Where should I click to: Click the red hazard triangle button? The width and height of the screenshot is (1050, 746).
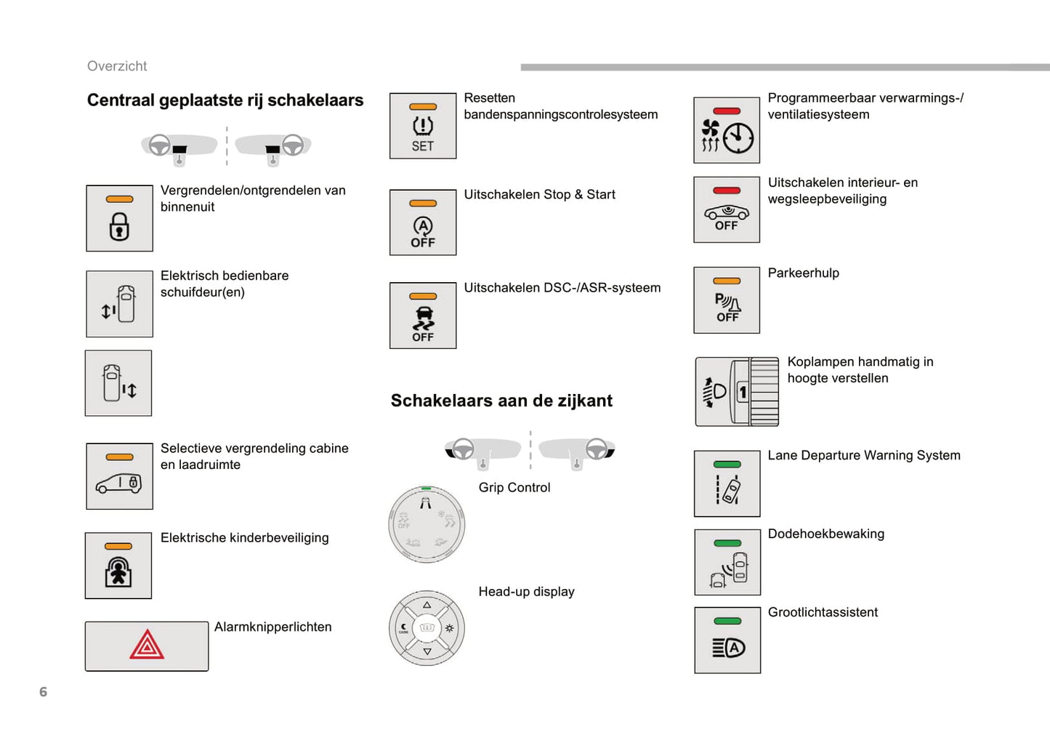147,646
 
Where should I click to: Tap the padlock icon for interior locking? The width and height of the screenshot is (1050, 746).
119,219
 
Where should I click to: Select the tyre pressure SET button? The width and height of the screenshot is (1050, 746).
423,127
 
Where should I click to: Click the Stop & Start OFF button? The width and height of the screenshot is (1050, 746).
423,223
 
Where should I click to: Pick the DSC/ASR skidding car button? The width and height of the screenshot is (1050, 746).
423,316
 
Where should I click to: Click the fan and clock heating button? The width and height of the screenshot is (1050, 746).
727,131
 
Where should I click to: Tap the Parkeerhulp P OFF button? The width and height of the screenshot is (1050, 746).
727,300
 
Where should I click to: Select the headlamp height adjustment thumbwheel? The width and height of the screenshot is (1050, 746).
764,392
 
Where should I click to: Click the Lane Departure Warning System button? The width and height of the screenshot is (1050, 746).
727,484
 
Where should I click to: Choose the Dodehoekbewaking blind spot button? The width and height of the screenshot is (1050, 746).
727,563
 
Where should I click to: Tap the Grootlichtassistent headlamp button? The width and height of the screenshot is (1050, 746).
727,641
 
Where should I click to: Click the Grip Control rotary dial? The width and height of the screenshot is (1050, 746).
427,524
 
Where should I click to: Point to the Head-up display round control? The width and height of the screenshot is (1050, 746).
427,628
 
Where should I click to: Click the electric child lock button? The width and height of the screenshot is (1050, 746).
118,566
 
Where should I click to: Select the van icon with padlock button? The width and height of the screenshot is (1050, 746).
119,477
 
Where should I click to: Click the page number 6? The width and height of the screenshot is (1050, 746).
43,692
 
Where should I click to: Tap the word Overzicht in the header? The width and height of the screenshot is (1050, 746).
117,66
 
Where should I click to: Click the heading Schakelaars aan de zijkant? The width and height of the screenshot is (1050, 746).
501,401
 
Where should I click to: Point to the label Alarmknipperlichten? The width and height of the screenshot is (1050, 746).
272,627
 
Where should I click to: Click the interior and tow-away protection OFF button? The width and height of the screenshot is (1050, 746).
727,210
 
